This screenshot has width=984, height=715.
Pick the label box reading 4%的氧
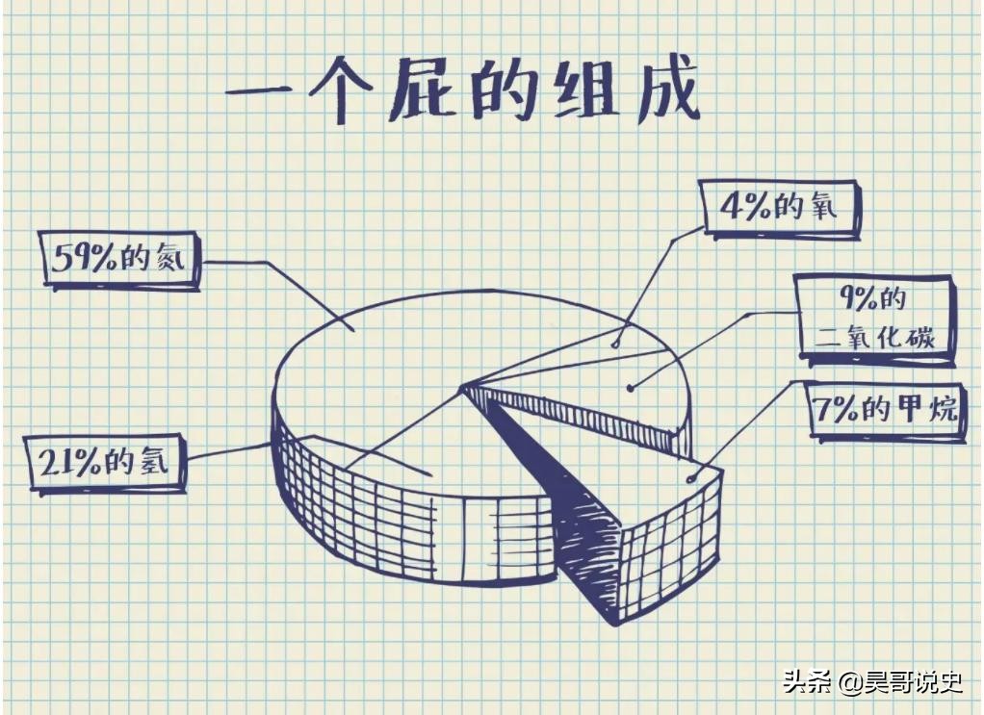pyautogui.click(x=780, y=208)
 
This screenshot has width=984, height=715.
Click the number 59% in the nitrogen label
pyautogui.click(x=84, y=259)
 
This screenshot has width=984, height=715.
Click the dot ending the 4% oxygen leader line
pyautogui.click(x=615, y=342)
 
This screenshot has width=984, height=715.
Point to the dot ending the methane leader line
pyautogui.click(x=689, y=478)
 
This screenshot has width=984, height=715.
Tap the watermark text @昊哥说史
pyautogui.click(x=899, y=682)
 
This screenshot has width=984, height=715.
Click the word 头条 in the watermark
pyautogui.click(x=807, y=682)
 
